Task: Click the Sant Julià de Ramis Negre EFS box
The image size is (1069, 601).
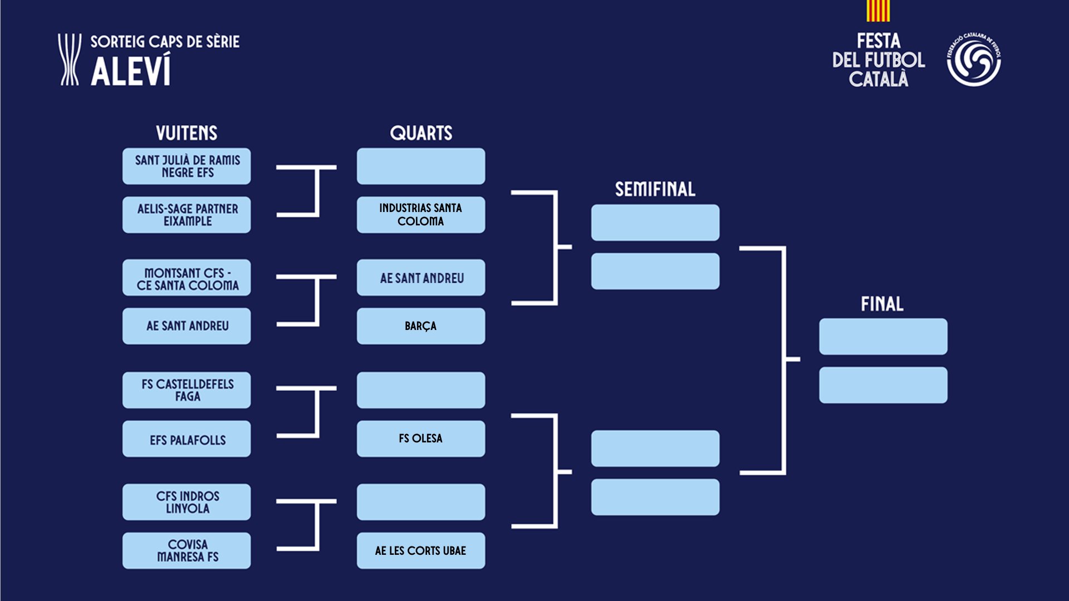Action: click(187, 166)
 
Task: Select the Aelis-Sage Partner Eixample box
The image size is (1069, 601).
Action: click(187, 215)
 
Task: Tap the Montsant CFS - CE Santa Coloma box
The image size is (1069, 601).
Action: click(187, 278)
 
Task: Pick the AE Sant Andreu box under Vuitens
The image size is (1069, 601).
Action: click(187, 326)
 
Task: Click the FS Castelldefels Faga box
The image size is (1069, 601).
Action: click(187, 390)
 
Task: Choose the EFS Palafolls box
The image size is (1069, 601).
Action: click(187, 439)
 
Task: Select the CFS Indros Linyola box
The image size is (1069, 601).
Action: click(187, 502)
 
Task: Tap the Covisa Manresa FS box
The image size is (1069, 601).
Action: click(187, 550)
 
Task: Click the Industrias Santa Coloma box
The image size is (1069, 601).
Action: click(421, 215)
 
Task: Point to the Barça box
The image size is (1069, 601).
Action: click(421, 326)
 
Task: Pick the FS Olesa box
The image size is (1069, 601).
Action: click(421, 439)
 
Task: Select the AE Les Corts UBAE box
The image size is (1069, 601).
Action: click(421, 550)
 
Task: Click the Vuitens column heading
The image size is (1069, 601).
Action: click(187, 133)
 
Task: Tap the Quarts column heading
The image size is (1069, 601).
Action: click(421, 133)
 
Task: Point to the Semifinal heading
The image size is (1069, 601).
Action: click(655, 189)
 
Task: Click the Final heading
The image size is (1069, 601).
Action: click(882, 304)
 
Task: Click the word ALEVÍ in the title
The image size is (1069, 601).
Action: click(131, 71)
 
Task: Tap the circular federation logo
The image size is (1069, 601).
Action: click(974, 60)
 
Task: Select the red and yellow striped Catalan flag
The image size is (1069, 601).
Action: click(878, 11)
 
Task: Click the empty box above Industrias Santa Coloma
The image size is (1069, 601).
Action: click(421, 166)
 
